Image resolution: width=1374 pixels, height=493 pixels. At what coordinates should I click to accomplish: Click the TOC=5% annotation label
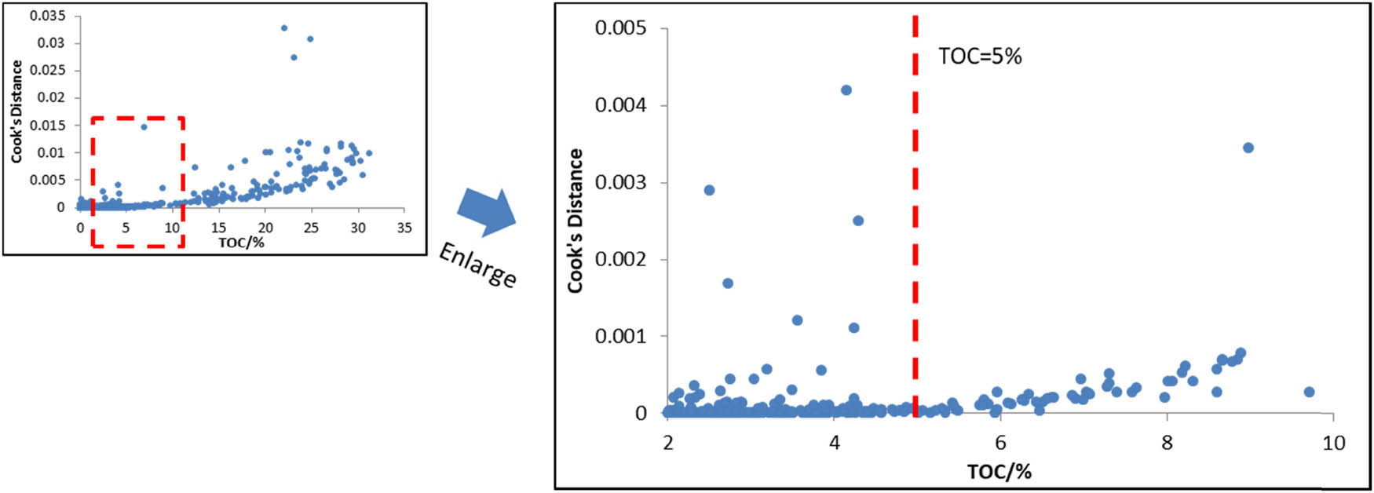coord(980,57)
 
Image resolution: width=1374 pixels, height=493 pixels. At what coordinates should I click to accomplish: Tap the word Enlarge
coord(477,265)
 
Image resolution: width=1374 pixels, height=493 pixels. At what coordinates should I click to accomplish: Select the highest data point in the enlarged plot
coord(846,90)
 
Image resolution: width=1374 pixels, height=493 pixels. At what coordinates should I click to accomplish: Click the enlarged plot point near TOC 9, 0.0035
coord(1248,148)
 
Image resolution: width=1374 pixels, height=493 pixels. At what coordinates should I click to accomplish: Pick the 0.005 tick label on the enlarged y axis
coord(620,28)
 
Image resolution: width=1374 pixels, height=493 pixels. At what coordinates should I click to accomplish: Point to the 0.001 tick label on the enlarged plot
coord(620,336)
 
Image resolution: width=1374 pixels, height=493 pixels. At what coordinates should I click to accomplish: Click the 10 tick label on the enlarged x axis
coord(1333,444)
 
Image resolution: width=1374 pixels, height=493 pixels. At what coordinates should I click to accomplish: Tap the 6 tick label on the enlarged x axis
coord(1000,444)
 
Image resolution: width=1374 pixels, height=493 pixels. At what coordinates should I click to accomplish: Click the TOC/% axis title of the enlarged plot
coord(999,471)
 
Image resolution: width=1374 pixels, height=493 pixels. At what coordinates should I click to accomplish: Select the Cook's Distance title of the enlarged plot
coord(576,221)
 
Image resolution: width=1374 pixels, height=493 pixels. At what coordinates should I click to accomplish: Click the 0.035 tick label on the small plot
coord(48,16)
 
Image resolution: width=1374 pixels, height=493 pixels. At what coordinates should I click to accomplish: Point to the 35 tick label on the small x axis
coord(404,228)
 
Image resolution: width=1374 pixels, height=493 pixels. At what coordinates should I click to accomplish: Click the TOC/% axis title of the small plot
coord(241,243)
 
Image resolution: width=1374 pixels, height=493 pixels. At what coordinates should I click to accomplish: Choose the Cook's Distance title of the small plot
coord(16,111)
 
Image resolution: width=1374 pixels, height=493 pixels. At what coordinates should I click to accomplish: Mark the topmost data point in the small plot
coord(284,27)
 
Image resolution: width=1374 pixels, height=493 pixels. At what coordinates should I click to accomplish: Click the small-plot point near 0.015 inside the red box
coord(144,126)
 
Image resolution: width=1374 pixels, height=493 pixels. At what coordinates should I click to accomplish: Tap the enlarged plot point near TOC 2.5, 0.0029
coord(709,190)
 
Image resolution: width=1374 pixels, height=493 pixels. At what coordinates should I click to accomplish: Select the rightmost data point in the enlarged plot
coord(1309,392)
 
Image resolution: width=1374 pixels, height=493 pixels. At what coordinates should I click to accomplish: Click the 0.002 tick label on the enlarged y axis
coord(620,259)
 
